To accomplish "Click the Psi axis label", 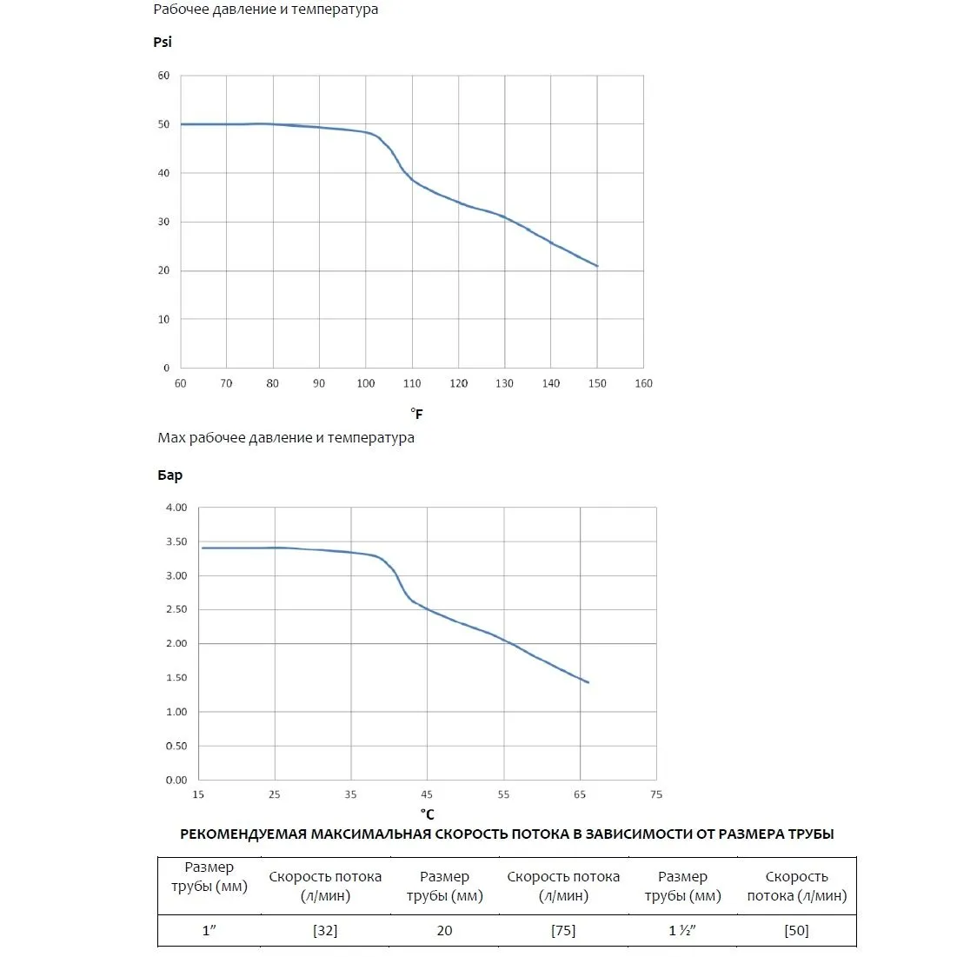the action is pos(163,42).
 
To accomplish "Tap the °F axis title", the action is pos(417,413).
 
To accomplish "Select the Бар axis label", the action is pos(169,475).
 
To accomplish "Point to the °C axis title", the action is pos(428,814).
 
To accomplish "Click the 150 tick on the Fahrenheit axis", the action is pos(597,383).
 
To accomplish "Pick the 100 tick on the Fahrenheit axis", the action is pos(366,383).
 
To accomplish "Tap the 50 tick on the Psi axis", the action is pos(163,124).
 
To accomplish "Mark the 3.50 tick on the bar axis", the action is pos(176,542).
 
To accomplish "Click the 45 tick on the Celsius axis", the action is pos(427,794).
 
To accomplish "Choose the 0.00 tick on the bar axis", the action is pos(176,780).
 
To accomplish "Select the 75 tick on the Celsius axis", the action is pos(656,794).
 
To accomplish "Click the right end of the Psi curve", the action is pos(597,266).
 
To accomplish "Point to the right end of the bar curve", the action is pos(588,682).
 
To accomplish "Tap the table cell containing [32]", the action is pos(325,930).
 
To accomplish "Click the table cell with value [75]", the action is pos(563,930).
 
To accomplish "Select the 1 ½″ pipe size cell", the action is pos(682,930).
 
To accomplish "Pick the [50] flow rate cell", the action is pos(796,930).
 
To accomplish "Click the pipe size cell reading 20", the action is pos(444,930).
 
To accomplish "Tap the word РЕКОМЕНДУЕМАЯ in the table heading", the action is pos(243,834).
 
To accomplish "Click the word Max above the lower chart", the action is pos(171,437).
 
